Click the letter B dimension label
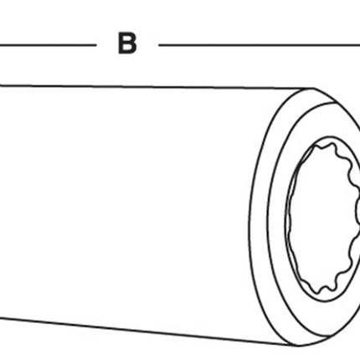[127, 44]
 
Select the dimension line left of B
[48, 44]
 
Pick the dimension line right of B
[260, 44]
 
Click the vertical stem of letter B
[121, 44]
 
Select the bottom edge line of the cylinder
[148, 332]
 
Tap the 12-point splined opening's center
[325, 219]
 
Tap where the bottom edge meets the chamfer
[298, 346]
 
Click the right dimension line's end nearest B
[159, 44]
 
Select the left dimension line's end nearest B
[96, 44]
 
